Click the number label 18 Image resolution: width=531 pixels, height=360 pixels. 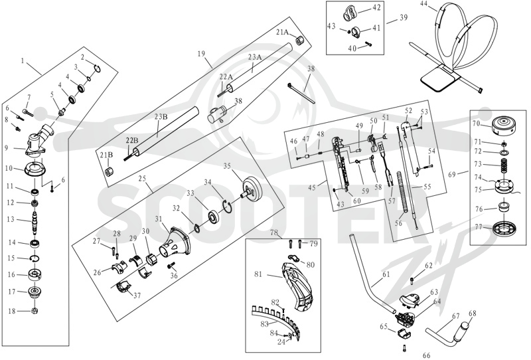pyautogui.click(x=12, y=311)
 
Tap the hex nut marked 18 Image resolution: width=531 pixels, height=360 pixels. pyautogui.click(x=35, y=310)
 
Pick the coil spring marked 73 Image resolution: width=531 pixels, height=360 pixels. pyautogui.click(x=504, y=167)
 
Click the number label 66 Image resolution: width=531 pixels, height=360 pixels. pyautogui.click(x=426, y=355)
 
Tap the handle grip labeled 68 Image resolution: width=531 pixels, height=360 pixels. pyautogui.click(x=462, y=329)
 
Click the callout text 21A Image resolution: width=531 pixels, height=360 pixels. pyautogui.click(x=283, y=32)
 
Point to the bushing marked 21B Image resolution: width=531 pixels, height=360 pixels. pyautogui.click(x=109, y=172)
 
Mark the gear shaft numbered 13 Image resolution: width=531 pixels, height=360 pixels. pyautogui.click(x=35, y=222)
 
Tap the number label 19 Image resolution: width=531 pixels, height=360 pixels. pyautogui.click(x=201, y=53)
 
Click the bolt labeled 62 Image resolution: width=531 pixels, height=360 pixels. pyautogui.click(x=412, y=280)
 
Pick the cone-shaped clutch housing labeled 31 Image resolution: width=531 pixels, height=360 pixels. pyautogui.click(x=176, y=242)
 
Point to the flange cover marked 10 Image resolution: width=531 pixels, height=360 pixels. pyautogui.click(x=35, y=169)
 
